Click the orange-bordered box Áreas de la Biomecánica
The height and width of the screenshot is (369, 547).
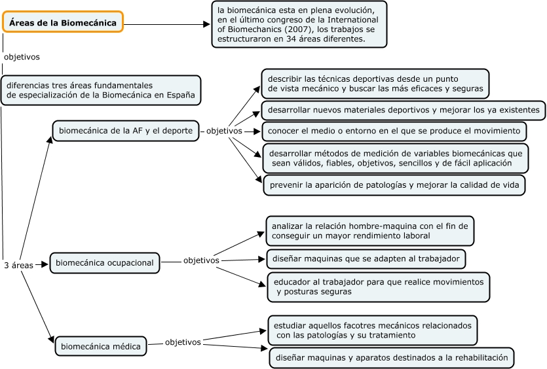[x=63, y=22]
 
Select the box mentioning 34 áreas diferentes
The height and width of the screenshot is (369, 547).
[x=299, y=24]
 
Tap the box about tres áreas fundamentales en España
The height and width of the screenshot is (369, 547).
[x=100, y=90]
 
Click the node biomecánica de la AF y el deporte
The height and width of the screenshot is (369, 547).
[x=126, y=130]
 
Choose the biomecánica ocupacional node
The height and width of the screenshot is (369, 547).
[x=105, y=263]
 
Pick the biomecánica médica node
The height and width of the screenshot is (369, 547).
[x=101, y=346]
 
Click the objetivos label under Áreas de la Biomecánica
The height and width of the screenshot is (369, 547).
[x=22, y=56]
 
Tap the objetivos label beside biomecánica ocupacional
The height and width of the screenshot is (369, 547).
[x=201, y=260]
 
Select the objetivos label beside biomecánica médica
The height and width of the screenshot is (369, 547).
[x=183, y=342]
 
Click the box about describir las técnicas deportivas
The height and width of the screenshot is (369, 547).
[x=375, y=83]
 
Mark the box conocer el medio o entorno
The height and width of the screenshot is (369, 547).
[x=394, y=131]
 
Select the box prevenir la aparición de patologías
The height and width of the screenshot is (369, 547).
[x=394, y=185]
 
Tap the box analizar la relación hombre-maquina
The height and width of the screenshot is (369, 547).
[x=370, y=230]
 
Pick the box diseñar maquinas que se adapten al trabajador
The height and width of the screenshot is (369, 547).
[x=366, y=258]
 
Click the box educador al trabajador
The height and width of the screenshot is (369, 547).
[x=379, y=287]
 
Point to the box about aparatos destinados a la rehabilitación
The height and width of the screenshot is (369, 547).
[x=392, y=358]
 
